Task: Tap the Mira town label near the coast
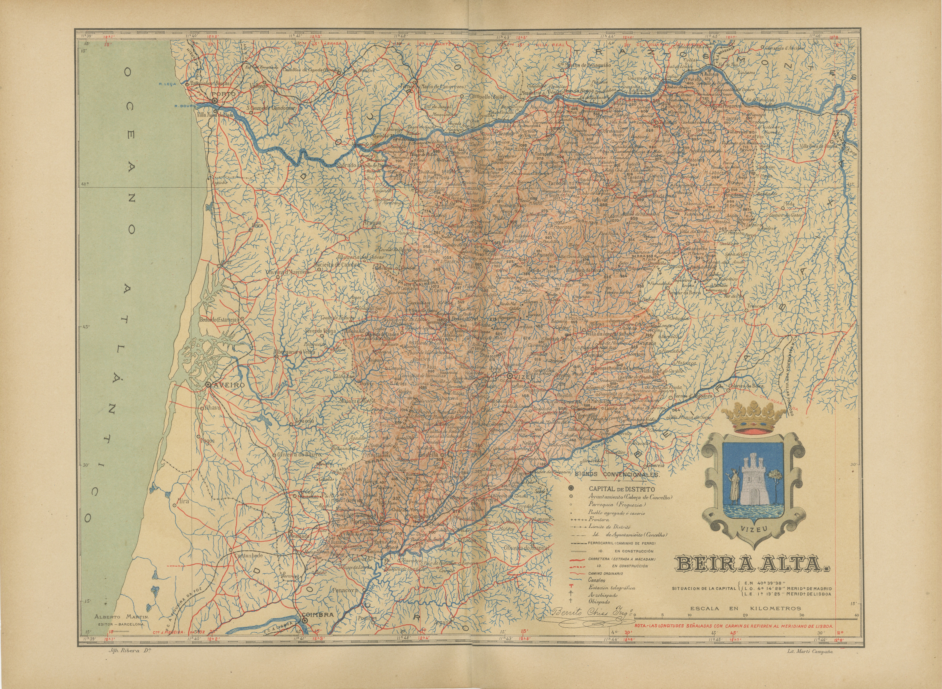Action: click(x=183, y=501)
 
